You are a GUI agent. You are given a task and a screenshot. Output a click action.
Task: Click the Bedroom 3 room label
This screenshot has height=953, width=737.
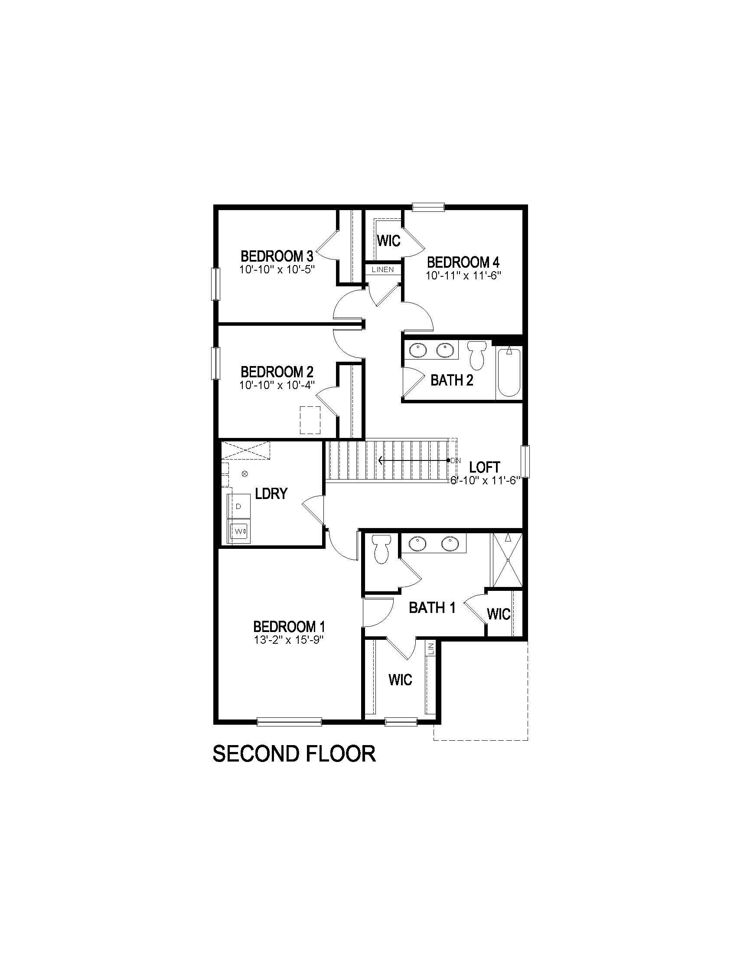(x=277, y=255)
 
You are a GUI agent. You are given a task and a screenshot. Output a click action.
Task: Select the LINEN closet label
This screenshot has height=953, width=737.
(x=383, y=270)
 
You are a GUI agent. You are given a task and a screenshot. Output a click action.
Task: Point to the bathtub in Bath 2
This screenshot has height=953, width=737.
(x=509, y=372)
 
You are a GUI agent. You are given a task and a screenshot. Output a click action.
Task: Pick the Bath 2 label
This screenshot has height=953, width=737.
(x=451, y=380)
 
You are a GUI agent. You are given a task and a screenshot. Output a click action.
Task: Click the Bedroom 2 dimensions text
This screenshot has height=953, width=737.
(x=277, y=385)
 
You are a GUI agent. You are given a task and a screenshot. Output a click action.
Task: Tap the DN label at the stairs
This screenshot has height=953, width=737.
(x=455, y=460)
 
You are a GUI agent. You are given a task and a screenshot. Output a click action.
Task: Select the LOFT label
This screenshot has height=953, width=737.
(x=484, y=467)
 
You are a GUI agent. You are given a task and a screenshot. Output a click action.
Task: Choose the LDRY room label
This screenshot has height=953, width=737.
(x=271, y=493)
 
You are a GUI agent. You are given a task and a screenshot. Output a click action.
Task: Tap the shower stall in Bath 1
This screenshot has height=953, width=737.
(x=507, y=560)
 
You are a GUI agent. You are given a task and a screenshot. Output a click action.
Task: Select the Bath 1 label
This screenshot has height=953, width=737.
(x=432, y=607)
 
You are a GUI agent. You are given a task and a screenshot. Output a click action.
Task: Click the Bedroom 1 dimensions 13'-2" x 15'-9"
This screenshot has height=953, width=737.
(x=289, y=640)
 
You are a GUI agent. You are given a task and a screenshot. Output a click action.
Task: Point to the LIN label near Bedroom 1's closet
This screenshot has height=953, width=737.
(x=431, y=649)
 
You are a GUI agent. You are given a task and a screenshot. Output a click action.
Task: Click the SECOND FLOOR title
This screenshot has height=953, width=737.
(x=294, y=754)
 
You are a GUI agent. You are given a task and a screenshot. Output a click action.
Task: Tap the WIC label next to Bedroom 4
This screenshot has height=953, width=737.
(x=388, y=241)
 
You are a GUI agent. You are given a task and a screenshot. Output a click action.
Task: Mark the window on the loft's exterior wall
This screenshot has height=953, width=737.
(x=526, y=461)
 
